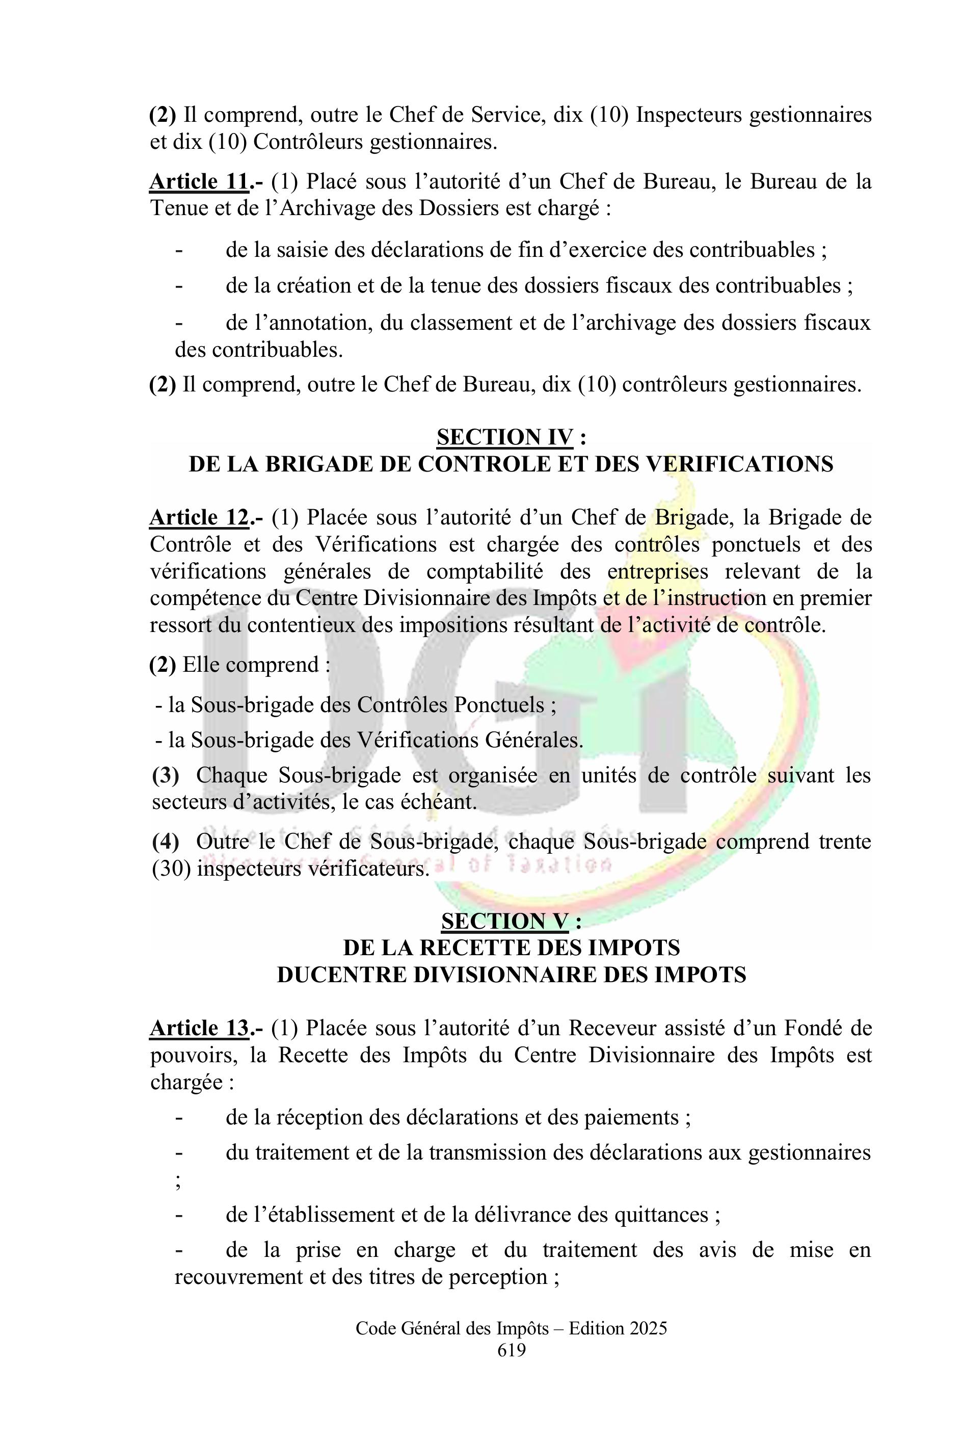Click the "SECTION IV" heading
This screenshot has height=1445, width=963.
click(x=505, y=437)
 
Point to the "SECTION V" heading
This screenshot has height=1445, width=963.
click(x=505, y=921)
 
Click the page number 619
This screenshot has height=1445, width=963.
click(x=512, y=1350)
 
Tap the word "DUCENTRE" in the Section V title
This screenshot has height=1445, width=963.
click(x=340, y=975)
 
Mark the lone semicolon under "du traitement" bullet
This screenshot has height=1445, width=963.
click(x=179, y=1181)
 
